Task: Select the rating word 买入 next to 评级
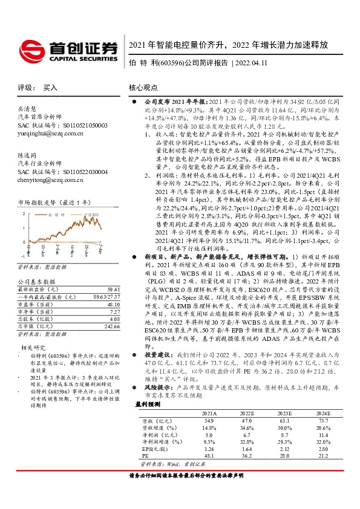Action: [50, 87]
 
